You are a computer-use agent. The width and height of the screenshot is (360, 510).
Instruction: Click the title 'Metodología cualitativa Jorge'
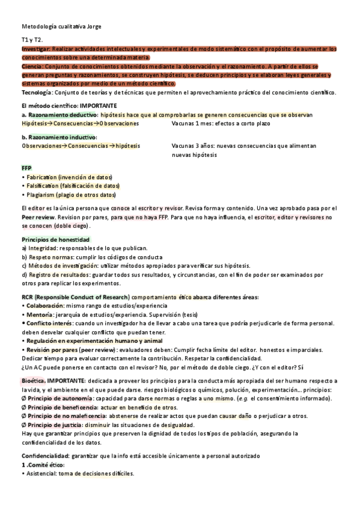click(x=61, y=26)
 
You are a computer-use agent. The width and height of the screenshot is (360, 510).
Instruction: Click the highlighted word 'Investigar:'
click(x=36, y=48)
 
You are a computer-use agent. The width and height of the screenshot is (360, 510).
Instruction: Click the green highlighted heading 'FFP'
click(x=26, y=168)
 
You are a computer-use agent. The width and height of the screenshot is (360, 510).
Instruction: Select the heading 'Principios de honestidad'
click(x=55, y=239)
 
